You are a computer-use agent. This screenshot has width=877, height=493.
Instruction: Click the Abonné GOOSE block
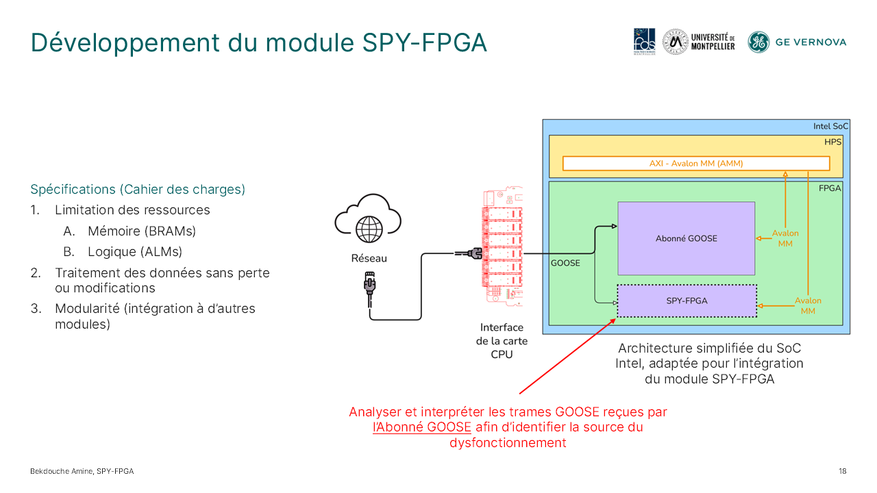(x=686, y=238)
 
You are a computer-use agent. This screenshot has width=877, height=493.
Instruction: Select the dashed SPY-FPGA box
(x=687, y=301)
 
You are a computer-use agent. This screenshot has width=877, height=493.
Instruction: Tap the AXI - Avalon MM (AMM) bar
(x=695, y=164)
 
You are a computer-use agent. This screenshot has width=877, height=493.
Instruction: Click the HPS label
(x=832, y=142)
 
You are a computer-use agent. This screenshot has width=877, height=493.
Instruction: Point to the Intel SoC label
(x=830, y=127)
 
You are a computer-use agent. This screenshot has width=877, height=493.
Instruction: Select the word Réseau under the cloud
(x=369, y=259)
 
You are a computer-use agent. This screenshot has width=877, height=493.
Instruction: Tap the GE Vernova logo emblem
(x=758, y=42)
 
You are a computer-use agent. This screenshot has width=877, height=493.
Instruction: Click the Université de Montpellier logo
(x=699, y=42)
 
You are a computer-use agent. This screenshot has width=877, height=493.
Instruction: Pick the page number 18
(x=842, y=471)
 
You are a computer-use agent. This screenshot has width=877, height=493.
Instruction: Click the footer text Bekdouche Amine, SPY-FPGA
(x=82, y=471)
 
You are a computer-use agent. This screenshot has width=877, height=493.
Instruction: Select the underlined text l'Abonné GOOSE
(x=422, y=427)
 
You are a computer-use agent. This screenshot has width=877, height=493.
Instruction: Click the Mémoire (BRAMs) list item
(x=141, y=231)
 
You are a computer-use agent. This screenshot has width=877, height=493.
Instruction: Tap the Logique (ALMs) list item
(x=135, y=251)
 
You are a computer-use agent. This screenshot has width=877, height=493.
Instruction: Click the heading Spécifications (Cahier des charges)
(x=138, y=189)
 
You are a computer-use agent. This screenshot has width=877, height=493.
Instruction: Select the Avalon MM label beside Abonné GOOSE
(x=785, y=238)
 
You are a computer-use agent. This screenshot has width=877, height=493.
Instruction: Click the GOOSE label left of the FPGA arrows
(x=565, y=262)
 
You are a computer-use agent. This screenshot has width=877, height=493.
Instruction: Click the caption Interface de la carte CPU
(x=501, y=341)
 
